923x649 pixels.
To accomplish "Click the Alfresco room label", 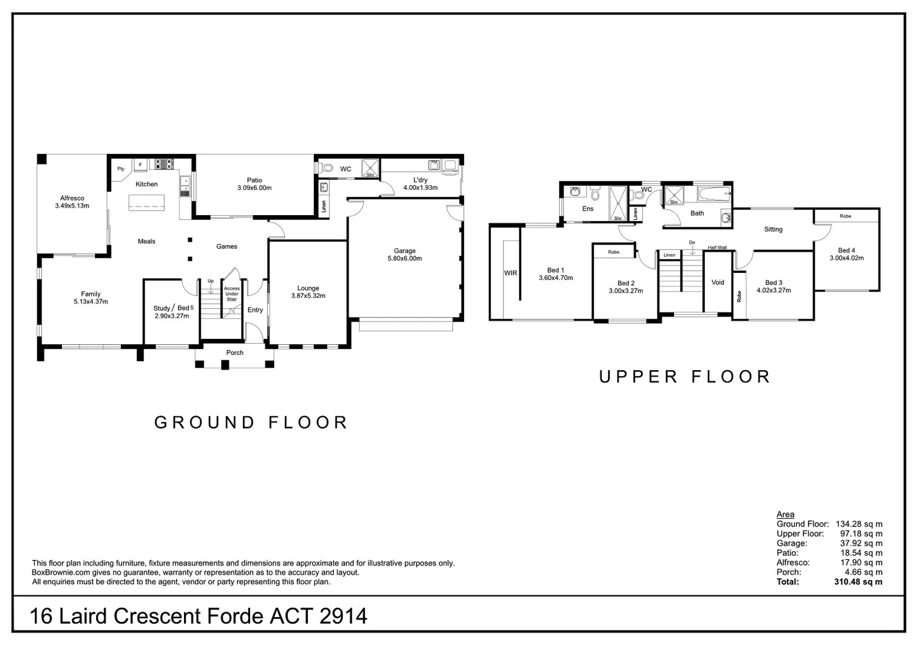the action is [x=72, y=198].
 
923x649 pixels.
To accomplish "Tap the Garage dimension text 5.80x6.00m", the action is [x=405, y=258].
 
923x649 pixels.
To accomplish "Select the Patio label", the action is [x=254, y=180].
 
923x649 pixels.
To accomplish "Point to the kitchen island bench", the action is [x=147, y=203].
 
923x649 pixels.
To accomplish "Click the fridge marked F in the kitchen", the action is [x=141, y=165].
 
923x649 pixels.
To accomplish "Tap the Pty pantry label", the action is [x=121, y=169].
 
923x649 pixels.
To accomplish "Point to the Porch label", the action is [x=235, y=353].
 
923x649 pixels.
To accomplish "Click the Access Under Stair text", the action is [x=232, y=294].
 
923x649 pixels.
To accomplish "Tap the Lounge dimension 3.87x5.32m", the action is [x=308, y=296].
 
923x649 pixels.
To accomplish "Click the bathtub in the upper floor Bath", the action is [x=714, y=193].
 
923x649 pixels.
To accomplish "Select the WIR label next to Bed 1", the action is [x=511, y=273].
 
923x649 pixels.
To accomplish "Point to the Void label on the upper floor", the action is [x=718, y=282].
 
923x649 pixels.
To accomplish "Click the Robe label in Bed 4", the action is [x=845, y=216].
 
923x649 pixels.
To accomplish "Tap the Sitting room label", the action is [x=773, y=230].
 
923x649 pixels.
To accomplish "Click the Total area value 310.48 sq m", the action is [x=858, y=582].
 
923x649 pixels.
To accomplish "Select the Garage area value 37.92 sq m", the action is [x=861, y=543].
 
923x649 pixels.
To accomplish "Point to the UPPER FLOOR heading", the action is [x=684, y=377].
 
